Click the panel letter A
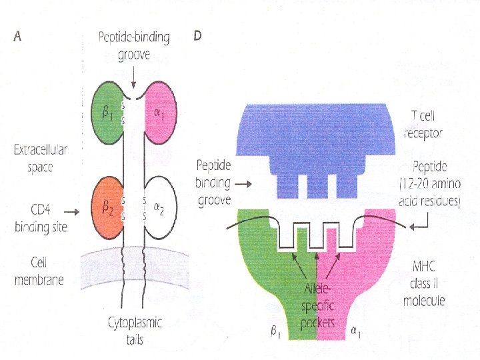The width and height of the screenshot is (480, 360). point(18,37)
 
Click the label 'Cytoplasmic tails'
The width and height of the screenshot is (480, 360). point(136,331)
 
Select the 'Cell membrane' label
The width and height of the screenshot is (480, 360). point(39,271)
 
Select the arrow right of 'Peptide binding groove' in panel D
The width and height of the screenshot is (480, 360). point(245,183)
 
